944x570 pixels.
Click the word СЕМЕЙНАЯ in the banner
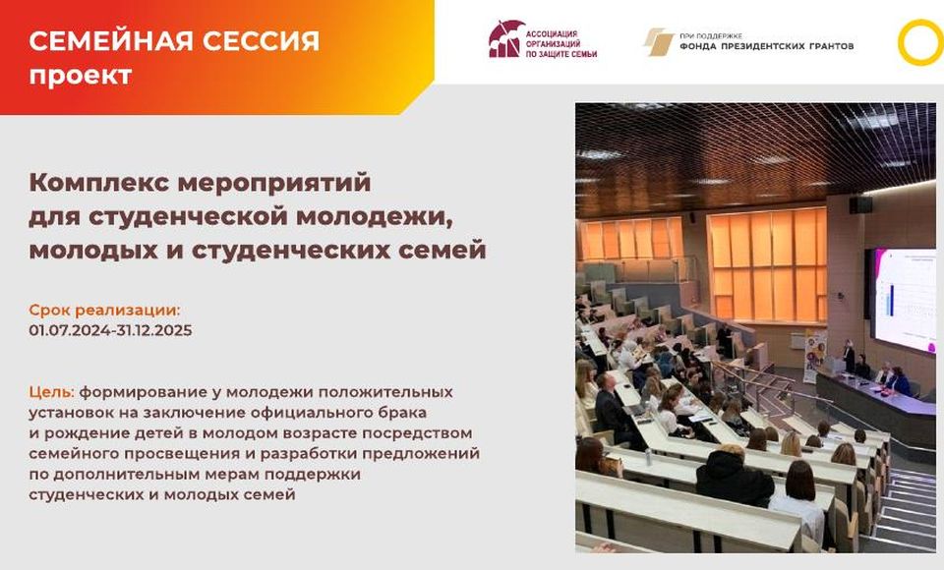click(x=111, y=41)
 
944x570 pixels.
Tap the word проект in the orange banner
click(x=80, y=76)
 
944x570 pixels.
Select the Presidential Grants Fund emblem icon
click(x=658, y=41)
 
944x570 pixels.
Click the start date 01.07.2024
click(x=69, y=330)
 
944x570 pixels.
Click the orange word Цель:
click(x=52, y=392)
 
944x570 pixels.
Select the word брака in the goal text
click(x=401, y=413)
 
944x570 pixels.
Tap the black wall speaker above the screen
click(x=861, y=204)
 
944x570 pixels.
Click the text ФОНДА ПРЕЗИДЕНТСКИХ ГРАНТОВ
click(x=766, y=46)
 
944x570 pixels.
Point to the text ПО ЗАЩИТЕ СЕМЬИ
click(x=561, y=54)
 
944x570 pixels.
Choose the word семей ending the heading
click(x=448, y=250)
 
